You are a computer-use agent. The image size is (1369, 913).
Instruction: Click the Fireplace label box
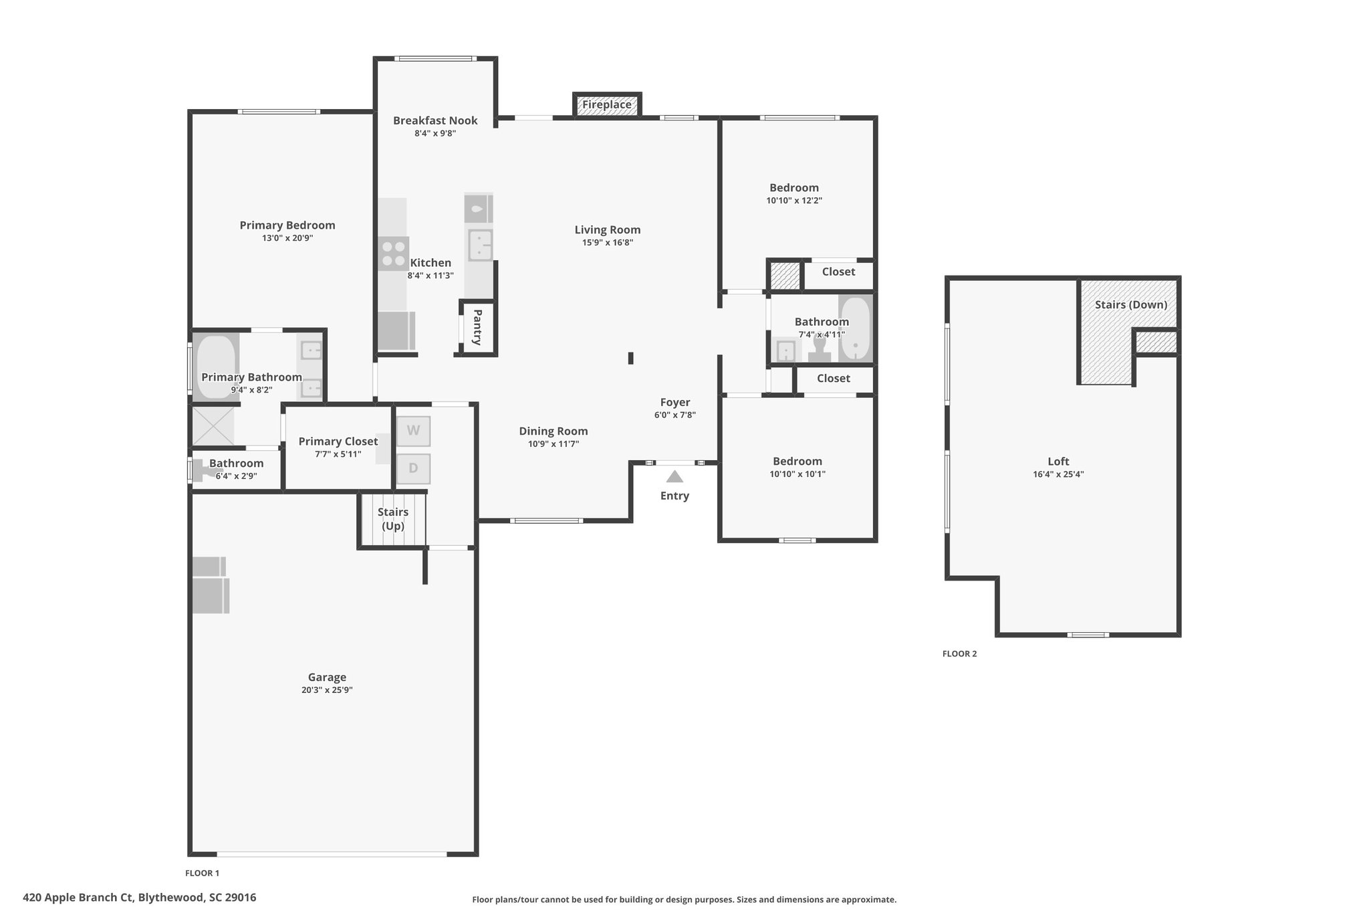(x=607, y=105)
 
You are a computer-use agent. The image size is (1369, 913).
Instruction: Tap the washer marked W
(x=413, y=431)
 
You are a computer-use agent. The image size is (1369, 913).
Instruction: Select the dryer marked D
(x=413, y=469)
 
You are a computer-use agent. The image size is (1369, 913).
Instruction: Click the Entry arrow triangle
(x=674, y=477)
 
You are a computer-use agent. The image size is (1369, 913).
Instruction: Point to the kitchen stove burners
(x=393, y=253)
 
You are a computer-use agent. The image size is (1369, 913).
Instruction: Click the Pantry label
(x=477, y=327)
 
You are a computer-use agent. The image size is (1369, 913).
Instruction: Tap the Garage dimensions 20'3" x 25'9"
(x=327, y=690)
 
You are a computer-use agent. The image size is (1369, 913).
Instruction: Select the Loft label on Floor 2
(x=1058, y=462)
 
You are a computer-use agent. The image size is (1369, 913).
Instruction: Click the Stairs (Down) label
(x=1131, y=305)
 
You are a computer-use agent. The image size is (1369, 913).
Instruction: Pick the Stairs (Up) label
(x=393, y=519)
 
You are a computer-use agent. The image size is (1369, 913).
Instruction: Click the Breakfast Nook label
(x=435, y=120)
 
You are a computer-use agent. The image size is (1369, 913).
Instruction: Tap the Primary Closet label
(x=338, y=441)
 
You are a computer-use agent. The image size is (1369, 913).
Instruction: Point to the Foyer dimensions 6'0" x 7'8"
(x=675, y=415)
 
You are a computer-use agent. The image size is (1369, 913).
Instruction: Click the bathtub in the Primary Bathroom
(x=216, y=367)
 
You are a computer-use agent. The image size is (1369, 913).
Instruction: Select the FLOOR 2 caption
(x=959, y=654)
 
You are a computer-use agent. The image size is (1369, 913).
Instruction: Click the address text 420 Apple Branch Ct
(x=78, y=898)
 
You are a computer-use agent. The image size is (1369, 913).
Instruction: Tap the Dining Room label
(x=553, y=431)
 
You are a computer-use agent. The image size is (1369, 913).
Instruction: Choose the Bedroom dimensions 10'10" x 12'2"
(x=794, y=201)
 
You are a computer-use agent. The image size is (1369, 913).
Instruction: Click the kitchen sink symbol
(x=480, y=244)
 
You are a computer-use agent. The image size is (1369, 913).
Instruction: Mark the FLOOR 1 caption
(x=202, y=873)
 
